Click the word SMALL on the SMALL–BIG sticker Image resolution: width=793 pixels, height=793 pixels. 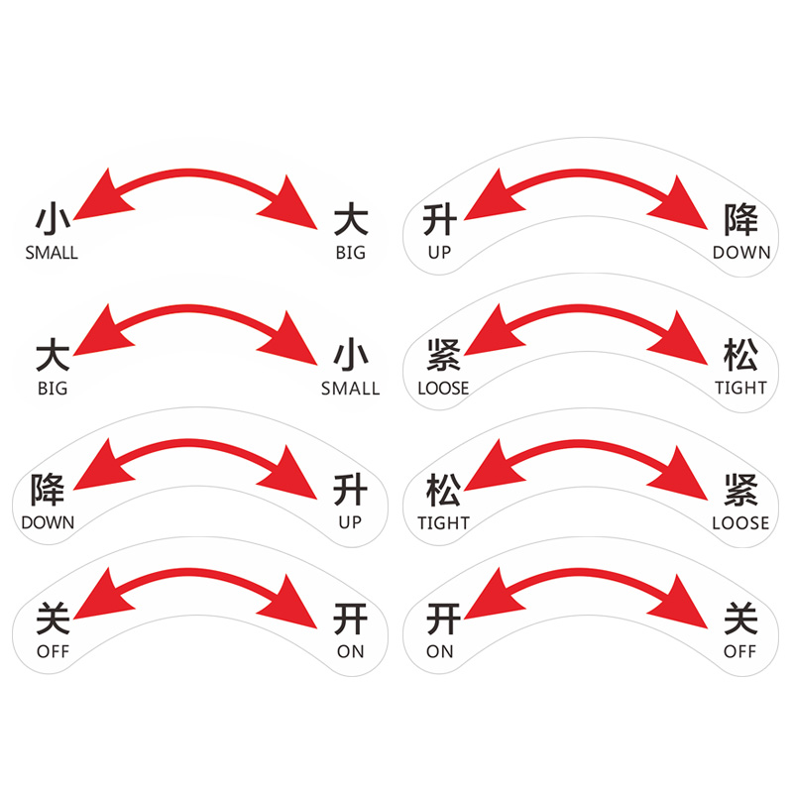52,253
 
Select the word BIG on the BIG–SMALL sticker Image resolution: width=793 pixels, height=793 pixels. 52,389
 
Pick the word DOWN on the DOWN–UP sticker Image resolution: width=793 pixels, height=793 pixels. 48,522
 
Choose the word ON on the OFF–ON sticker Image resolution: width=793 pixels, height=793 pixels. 350,651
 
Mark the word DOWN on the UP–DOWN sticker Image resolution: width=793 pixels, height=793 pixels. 740,253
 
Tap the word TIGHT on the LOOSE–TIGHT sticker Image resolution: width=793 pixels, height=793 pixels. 740,389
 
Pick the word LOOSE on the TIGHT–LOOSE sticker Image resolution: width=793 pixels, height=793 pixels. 740,522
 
